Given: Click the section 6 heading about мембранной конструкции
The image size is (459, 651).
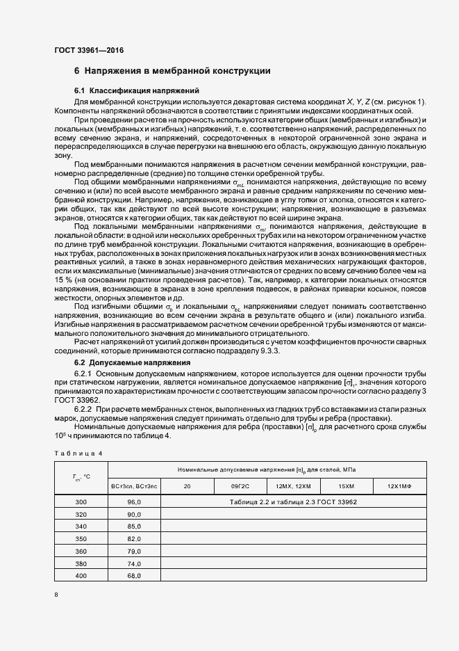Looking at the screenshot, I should (x=172, y=71).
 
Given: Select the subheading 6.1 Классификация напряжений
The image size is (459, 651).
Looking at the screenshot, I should (x=137, y=91).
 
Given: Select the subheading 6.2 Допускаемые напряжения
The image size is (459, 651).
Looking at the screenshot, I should (x=132, y=362).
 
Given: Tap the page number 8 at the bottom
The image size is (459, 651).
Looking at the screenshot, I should (x=56, y=594).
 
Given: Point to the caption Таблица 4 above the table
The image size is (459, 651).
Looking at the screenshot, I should (x=78, y=453).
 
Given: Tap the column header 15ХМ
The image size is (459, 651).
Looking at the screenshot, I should (x=346, y=486).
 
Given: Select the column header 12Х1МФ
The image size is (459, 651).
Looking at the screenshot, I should (x=399, y=486).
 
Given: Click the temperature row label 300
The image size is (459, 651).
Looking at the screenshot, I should (x=82, y=501).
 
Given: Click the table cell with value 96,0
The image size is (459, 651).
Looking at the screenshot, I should (x=134, y=501).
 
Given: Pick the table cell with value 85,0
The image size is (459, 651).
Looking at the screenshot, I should (x=134, y=527).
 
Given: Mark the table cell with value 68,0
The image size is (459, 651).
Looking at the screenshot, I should (x=134, y=576).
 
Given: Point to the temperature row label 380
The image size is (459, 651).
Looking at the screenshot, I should (x=82, y=563).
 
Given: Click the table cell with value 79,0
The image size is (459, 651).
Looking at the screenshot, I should (x=134, y=551).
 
